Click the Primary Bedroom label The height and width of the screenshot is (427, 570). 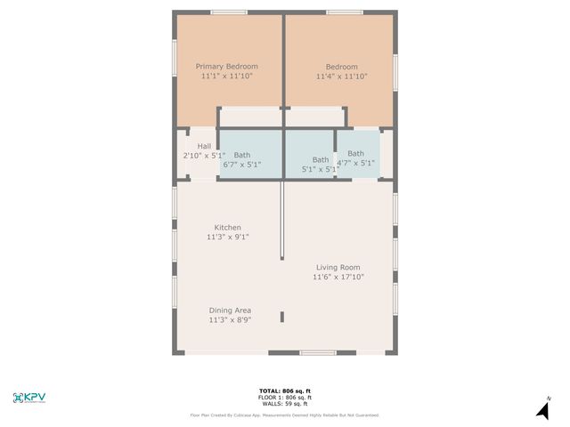pos(227,67)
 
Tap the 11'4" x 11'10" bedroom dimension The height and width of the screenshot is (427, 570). pos(341,77)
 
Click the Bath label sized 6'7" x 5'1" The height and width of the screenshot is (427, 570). pos(242,155)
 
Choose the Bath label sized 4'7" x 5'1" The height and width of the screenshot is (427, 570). pos(355,154)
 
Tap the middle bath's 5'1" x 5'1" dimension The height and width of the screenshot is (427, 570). pos(320,169)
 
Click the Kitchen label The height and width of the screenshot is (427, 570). pos(227,228)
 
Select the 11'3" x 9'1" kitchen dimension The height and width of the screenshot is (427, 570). pos(227,238)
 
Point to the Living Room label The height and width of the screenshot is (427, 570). pos(338,267)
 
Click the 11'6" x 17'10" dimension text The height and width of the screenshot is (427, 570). pos(338,278)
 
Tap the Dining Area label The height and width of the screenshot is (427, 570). pos(230,310)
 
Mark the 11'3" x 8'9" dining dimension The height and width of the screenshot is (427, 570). pos(230,320)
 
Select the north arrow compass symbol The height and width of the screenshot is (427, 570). pos(542,409)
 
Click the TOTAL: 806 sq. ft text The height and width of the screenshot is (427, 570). pos(284,391)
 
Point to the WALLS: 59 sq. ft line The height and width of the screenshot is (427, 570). pos(284,404)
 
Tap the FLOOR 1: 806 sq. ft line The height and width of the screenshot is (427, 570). pos(284,398)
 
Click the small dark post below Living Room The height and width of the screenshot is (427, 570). pos(282,317)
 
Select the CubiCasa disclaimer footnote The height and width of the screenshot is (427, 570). pos(284,415)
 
